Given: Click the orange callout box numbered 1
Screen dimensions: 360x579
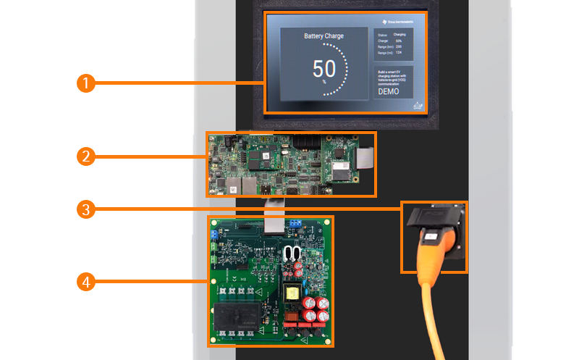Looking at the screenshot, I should (86, 83).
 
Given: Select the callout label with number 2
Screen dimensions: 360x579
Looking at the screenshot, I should (86, 155).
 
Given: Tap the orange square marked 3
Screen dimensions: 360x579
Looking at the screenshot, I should (86, 210).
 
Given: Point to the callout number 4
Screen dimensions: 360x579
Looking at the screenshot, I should (86, 281).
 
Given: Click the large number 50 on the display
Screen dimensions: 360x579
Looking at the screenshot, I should (324, 70).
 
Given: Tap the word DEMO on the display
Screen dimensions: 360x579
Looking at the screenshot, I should (389, 93).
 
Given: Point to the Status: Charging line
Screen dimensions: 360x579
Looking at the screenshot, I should (392, 35).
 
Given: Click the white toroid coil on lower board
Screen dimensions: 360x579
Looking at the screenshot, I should (292, 254).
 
